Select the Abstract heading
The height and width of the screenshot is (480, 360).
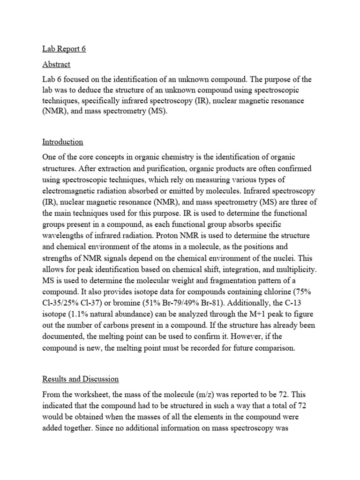pos(56,64)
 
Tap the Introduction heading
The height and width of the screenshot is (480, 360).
pos(63,142)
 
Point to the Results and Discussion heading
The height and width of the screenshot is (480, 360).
pos(81,379)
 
